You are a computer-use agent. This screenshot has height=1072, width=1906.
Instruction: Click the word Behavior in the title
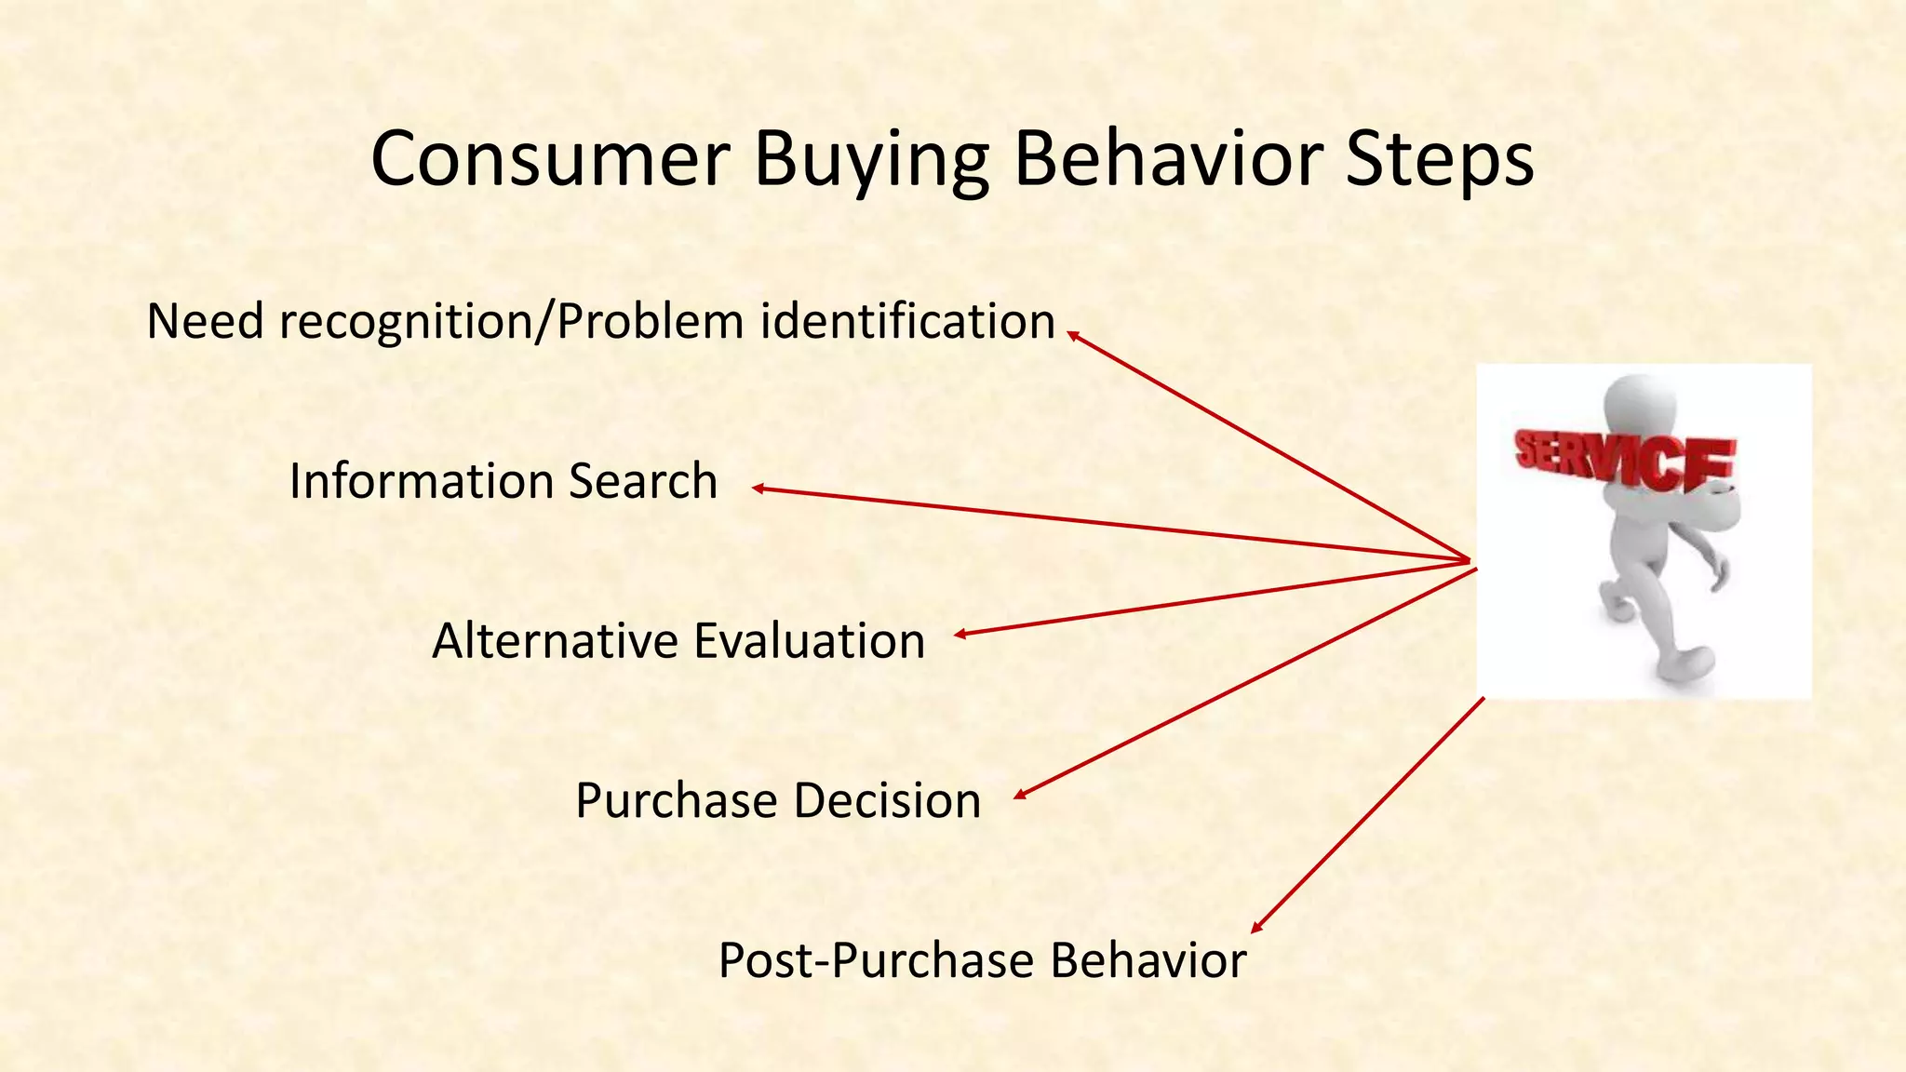(1167, 160)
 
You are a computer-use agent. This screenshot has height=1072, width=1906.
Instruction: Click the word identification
(908, 321)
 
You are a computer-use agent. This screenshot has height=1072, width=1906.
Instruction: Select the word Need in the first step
(206, 321)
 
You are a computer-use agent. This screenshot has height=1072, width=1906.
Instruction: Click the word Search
(643, 481)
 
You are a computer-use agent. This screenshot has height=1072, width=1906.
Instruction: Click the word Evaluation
(809, 641)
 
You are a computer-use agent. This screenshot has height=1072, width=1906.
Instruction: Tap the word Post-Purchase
(876, 961)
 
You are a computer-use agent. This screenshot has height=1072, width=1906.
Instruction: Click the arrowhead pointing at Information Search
(758, 488)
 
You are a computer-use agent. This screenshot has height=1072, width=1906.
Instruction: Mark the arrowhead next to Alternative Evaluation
(960, 635)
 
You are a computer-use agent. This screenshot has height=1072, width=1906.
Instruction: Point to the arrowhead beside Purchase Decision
(1020, 795)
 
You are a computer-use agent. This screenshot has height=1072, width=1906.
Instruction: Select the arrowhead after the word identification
(1072, 335)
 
